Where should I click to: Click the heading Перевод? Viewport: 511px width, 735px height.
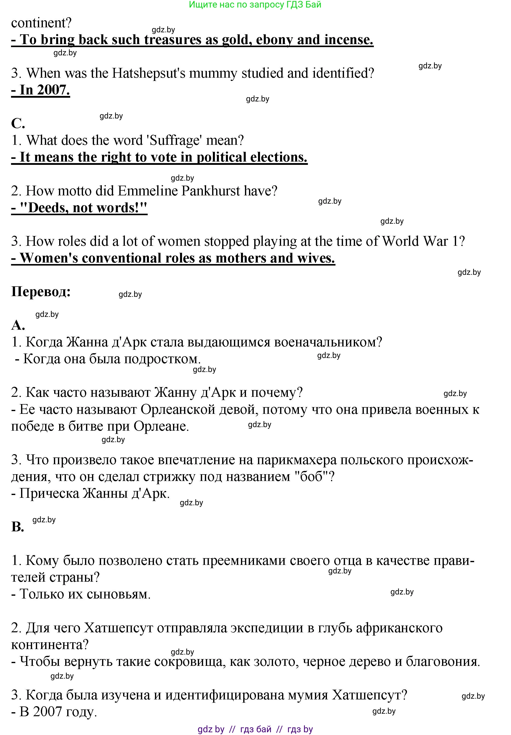pos(41,291)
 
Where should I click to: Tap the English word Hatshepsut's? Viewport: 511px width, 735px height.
pos(149,73)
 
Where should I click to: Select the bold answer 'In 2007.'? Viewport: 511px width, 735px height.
pos(41,90)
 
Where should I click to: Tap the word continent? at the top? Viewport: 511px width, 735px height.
pos(41,23)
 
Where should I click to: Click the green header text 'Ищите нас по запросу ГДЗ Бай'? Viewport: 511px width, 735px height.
pos(255,5)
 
